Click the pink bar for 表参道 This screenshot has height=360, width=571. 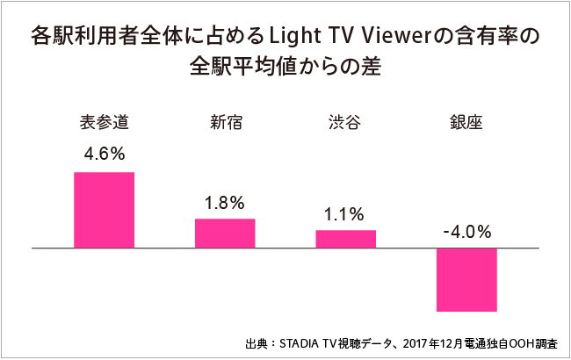click(x=104, y=210)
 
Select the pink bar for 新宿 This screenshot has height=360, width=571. click(x=225, y=233)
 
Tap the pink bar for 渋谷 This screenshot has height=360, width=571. click(x=345, y=239)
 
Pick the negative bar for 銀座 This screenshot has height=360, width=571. click(x=466, y=279)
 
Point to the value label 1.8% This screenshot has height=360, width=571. click(x=224, y=203)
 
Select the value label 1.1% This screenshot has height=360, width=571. click(x=345, y=213)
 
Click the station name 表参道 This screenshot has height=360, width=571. click(x=104, y=121)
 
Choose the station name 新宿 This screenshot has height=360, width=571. click(x=225, y=121)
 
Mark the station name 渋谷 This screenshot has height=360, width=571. click(x=345, y=121)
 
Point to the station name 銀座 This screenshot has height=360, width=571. click(x=466, y=121)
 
